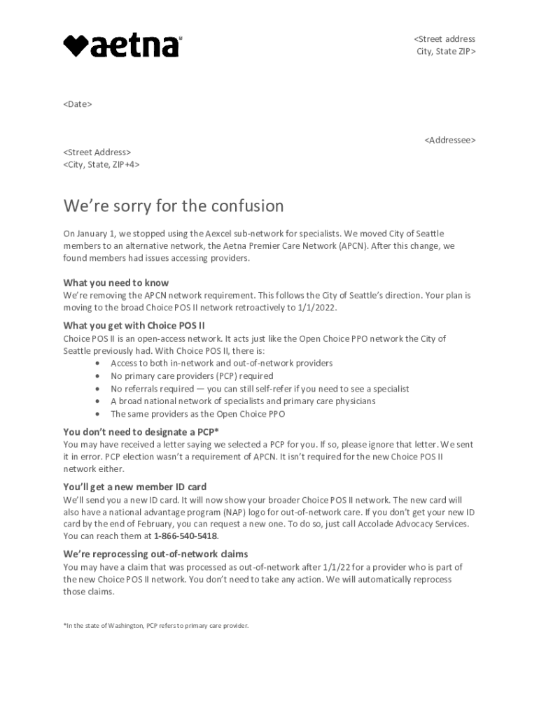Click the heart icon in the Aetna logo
point(76,46)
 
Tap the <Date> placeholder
point(78,104)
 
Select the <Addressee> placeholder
point(449,141)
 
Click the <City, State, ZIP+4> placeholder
point(101,164)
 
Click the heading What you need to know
point(116,283)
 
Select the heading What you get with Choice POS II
point(134,326)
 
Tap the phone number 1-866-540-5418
point(185,536)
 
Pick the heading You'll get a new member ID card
point(134,487)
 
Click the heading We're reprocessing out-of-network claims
point(155,554)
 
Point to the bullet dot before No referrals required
point(96,389)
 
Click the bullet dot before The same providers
point(96,414)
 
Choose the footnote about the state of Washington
point(155,626)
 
